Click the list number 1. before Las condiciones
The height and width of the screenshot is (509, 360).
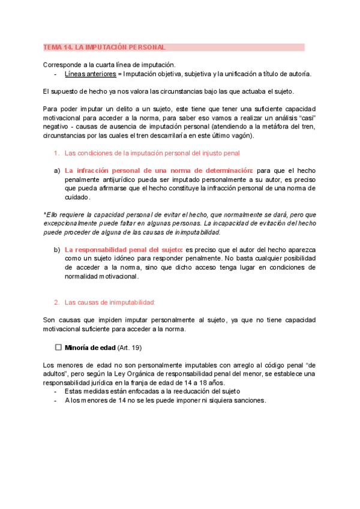[x=57, y=153]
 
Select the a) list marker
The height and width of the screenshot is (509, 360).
[x=57, y=170]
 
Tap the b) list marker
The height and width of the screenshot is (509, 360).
[x=57, y=250]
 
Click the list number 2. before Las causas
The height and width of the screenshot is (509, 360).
[x=57, y=303]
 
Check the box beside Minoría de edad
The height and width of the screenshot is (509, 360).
[x=58, y=348]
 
